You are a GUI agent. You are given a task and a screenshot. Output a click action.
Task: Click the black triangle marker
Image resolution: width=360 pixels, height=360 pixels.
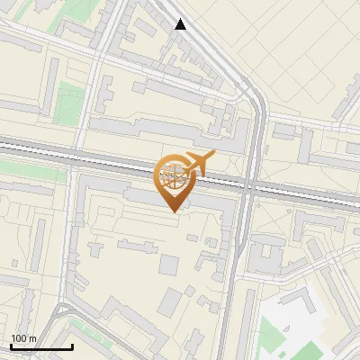tap(181, 24)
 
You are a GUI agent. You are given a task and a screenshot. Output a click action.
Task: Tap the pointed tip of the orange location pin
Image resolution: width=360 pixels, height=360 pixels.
tap(173, 211)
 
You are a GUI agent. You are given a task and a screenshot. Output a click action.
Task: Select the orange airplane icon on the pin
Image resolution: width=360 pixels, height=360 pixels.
tap(199, 164)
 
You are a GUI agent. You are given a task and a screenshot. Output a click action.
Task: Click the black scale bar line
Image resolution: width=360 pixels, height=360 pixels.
tap(41, 346)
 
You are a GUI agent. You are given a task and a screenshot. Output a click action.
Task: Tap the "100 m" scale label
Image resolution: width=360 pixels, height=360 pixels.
tap(23, 338)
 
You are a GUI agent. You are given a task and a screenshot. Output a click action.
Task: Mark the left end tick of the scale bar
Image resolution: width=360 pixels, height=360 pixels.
tap(11, 346)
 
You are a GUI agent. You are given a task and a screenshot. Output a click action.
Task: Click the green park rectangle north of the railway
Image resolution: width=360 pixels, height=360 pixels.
tap(68, 103)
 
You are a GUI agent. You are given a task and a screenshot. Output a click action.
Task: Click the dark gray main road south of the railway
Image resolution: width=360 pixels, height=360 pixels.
tap(230, 270)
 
